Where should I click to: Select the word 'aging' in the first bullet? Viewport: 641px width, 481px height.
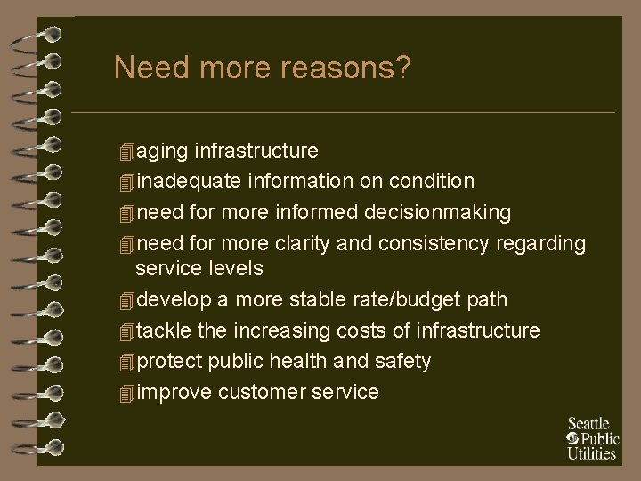(163, 151)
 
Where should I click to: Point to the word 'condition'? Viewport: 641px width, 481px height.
(431, 182)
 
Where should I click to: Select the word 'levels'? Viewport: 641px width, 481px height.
(236, 267)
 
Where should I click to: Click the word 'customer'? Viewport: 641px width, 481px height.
(261, 391)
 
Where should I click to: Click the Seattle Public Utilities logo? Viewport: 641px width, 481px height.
(591, 438)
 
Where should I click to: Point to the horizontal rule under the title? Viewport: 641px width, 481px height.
(343, 112)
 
